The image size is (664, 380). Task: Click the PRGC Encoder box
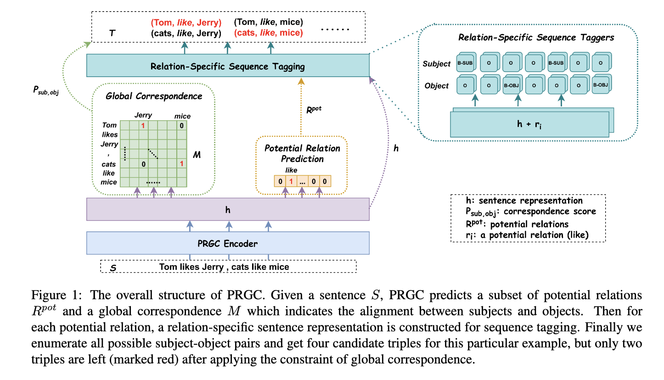pyautogui.click(x=228, y=243)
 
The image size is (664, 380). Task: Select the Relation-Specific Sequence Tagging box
pyautogui.click(x=228, y=66)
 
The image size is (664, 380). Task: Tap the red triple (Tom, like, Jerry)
pyautogui.click(x=186, y=22)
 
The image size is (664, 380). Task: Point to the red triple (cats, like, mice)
pyautogui.click(x=269, y=33)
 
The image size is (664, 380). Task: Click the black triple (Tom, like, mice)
pyautogui.click(x=269, y=22)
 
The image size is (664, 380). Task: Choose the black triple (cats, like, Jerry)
pyautogui.click(x=186, y=33)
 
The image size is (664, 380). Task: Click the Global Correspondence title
pyautogui.click(x=154, y=96)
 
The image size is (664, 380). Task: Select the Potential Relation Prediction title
pyautogui.click(x=302, y=154)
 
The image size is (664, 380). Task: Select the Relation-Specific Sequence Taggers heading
pyautogui.click(x=532, y=38)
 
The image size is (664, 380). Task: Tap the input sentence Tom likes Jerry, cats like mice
pyautogui.click(x=224, y=267)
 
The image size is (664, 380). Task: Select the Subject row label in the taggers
pyautogui.click(x=437, y=64)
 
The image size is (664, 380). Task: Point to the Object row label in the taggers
pyautogui.click(x=437, y=86)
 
